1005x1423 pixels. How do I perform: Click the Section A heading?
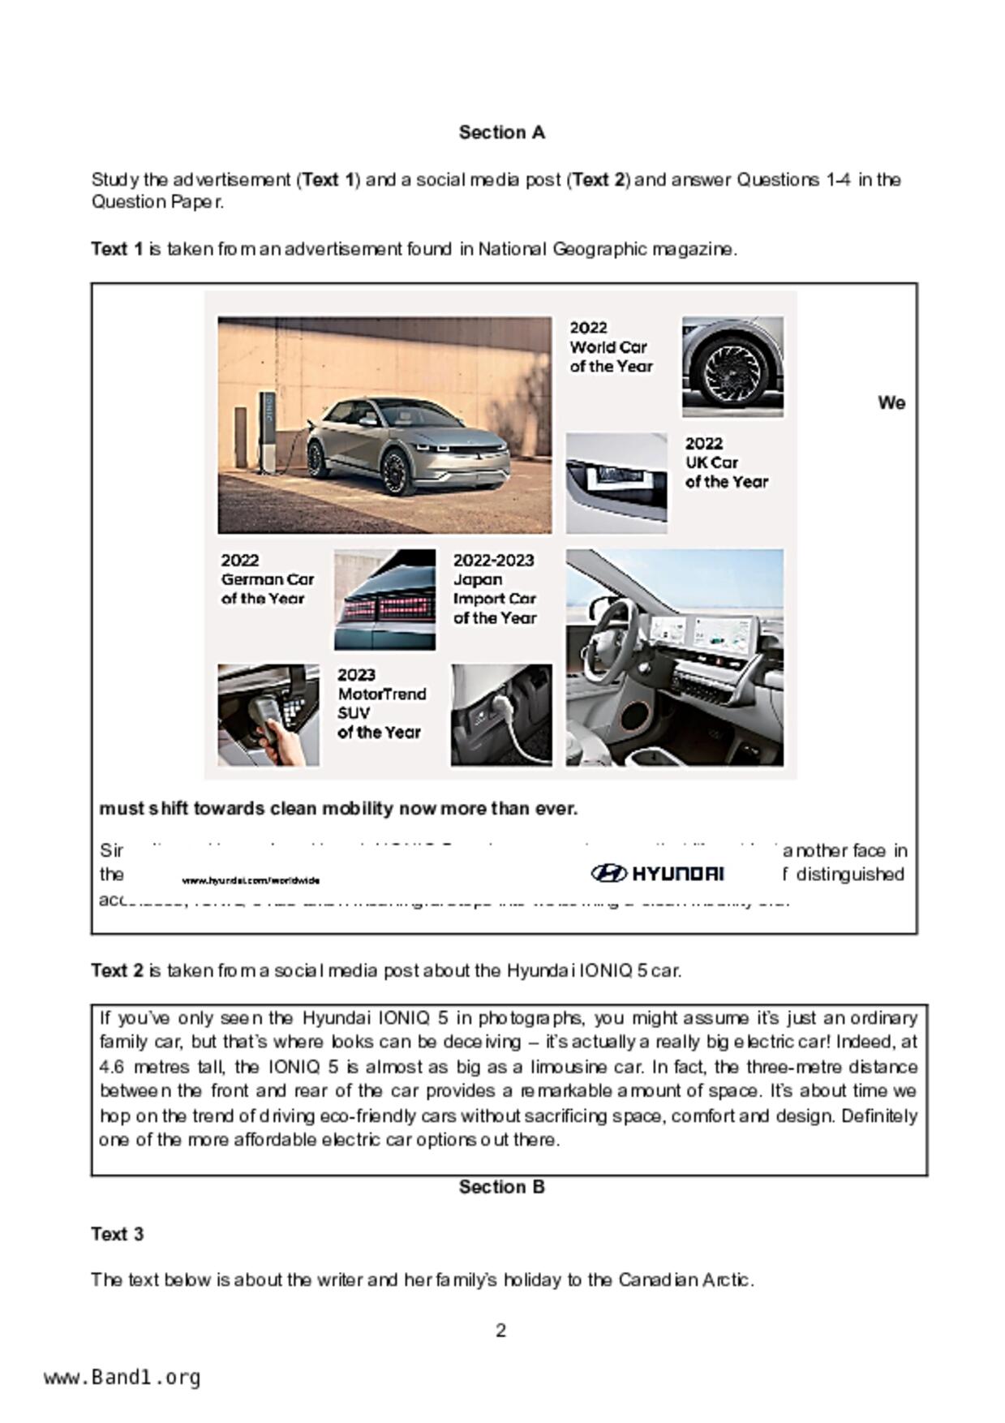501,132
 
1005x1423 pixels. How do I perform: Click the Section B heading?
501,1187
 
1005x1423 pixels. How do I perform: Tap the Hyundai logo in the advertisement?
657,874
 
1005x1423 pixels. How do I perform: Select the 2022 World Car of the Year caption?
610,347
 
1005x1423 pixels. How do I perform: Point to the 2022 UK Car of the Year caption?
725,462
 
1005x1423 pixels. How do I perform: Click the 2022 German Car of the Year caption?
267,579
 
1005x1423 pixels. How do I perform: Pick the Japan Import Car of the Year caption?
494,589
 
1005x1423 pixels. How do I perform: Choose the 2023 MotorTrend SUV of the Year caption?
381,703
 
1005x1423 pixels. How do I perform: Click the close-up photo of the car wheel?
732,367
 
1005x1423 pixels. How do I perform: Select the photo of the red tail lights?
384,600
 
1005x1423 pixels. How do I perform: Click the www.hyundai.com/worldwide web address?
251,880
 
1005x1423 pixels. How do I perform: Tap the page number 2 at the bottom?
500,1331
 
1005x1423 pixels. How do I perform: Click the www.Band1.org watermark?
122,1378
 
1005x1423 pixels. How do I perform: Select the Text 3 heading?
117,1234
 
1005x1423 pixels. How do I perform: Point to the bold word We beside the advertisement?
891,403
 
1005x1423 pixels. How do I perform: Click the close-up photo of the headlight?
616,483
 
